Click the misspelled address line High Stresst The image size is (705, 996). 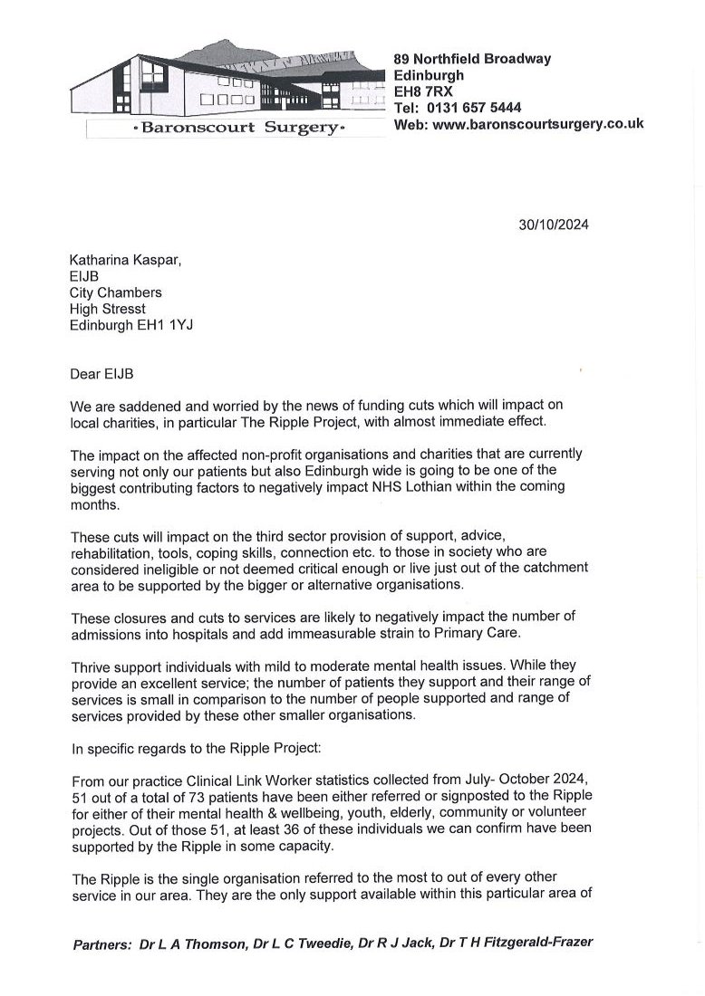(107, 310)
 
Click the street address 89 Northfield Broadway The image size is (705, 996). (472, 59)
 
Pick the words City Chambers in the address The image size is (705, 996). (116, 293)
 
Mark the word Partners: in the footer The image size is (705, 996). (101, 943)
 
